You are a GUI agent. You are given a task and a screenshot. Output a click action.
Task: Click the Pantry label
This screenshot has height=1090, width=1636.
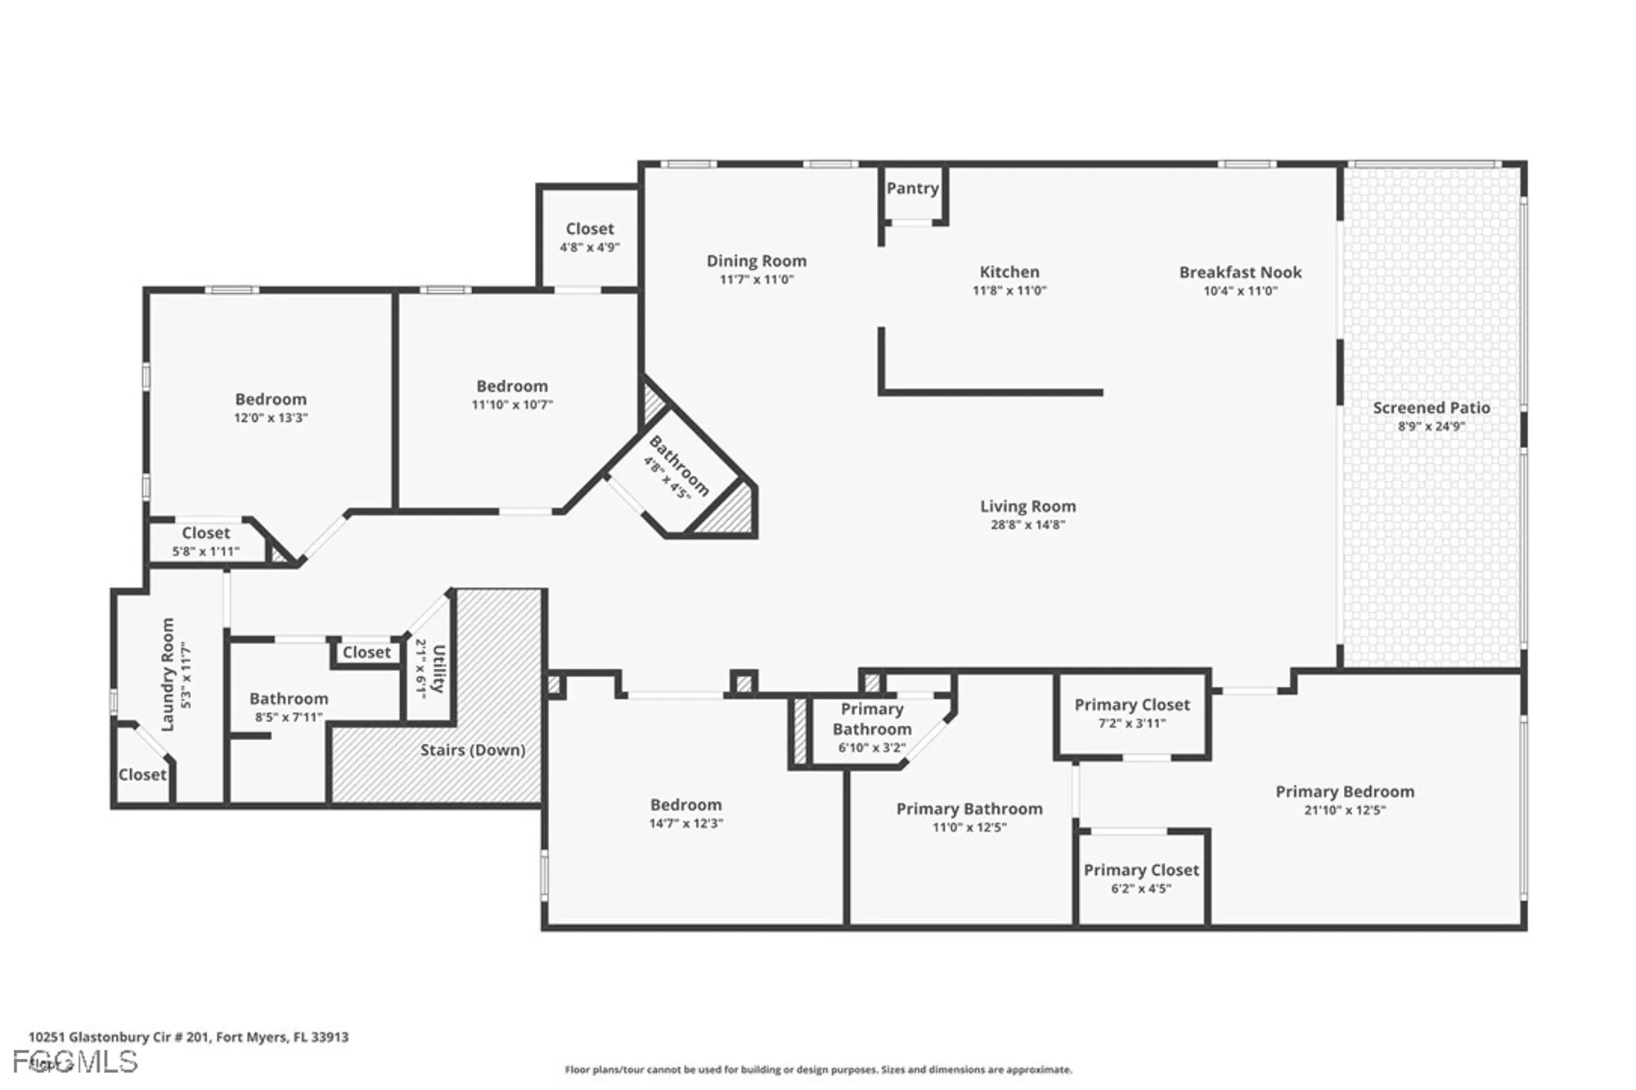pos(912,188)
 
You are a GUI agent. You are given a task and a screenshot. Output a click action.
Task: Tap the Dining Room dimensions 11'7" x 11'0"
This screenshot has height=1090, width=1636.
pos(757,280)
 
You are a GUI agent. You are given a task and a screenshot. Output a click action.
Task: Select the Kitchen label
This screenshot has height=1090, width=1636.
pos(1009,271)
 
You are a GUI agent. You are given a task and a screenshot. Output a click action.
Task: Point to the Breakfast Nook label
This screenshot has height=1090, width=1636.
pos(1240,272)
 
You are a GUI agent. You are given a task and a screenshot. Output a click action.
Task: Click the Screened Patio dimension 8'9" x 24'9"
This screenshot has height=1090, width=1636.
pos(1431,426)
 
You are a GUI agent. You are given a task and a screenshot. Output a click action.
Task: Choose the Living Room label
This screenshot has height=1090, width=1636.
pos(1027,506)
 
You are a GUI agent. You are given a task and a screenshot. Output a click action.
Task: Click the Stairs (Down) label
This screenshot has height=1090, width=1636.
pos(472,750)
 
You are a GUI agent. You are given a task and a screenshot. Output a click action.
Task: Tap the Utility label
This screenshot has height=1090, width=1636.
pos(439,668)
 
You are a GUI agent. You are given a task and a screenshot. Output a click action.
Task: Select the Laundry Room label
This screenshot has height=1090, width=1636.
pos(168,674)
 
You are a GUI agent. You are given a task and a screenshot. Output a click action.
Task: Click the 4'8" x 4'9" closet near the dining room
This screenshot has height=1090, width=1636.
pos(589,237)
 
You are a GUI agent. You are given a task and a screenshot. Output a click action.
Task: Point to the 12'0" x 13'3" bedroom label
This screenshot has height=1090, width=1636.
pos(271,399)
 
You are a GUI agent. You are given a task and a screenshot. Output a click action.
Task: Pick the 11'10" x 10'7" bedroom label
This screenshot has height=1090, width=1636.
pos(512,386)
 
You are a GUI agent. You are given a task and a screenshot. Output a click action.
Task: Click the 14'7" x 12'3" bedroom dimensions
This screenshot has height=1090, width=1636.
pos(685,823)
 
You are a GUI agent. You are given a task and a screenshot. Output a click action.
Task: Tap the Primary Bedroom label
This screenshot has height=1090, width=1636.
pos(1344,792)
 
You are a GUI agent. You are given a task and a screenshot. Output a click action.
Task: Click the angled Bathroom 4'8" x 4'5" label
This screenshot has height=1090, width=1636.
pos(678,466)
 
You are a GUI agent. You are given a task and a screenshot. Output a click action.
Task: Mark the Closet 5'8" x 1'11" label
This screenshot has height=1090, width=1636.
pos(205,533)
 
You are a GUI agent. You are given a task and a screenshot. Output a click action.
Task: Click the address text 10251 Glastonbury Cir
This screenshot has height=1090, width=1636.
pos(188,1037)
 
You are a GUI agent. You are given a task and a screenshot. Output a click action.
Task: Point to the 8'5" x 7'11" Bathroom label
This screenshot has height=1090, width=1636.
pos(289,698)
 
